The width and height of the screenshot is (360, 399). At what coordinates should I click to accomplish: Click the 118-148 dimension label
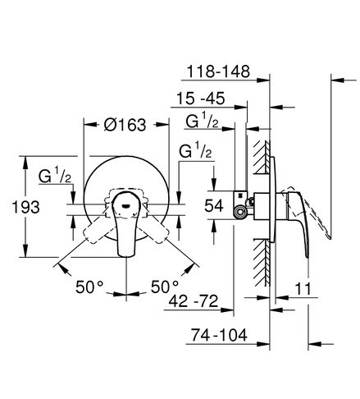[x=218, y=71]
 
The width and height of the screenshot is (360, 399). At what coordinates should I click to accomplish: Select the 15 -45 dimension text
[x=201, y=98]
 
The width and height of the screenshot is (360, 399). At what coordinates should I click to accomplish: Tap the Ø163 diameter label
[x=125, y=125]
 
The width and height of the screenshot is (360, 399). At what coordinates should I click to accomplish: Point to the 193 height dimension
[x=26, y=207]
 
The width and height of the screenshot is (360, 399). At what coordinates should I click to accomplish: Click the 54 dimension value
[x=214, y=205]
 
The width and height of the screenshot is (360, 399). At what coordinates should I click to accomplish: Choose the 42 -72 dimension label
[x=194, y=301]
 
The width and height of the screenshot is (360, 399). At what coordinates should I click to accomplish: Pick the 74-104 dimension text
[x=219, y=335]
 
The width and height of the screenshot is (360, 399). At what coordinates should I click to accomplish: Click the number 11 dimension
[x=303, y=289]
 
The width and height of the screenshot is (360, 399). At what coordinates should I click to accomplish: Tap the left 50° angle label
[x=89, y=287]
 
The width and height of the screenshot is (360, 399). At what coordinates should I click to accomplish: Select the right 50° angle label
[x=165, y=287]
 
